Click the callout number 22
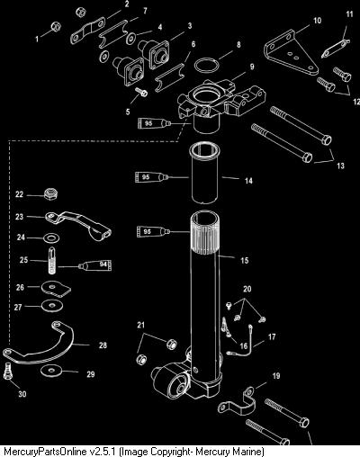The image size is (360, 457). pyautogui.click(x=19, y=194)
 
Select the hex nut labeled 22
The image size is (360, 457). pyautogui.click(x=50, y=193)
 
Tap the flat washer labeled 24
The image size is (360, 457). pyautogui.click(x=51, y=238)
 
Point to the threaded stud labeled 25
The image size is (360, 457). pyautogui.click(x=52, y=260)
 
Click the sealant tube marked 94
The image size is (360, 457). pyautogui.click(x=94, y=264)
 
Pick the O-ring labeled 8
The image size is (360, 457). pyautogui.click(x=206, y=66)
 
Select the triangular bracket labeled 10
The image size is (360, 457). pyautogui.click(x=291, y=53)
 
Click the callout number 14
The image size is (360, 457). pyautogui.click(x=248, y=181)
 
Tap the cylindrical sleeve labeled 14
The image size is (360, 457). pyautogui.click(x=204, y=174)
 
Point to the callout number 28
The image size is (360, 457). pyautogui.click(x=103, y=345)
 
